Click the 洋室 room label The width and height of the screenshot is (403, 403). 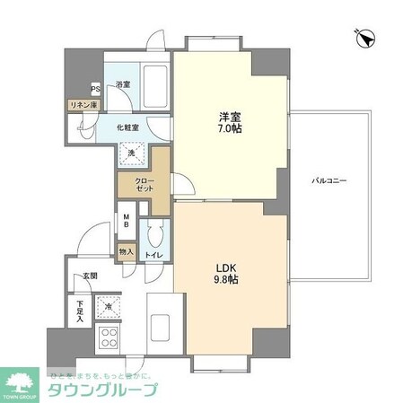point(230,116)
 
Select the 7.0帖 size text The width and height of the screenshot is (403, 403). point(230,129)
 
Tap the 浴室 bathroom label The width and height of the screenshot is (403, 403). point(123,85)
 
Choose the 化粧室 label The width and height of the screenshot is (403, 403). point(127,127)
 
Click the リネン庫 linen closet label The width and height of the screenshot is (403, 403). point(83,105)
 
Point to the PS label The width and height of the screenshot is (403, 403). point(94,88)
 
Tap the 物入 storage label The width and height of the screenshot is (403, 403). point(126,252)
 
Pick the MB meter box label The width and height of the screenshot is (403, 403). point(127,223)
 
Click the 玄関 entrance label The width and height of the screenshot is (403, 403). point(91,276)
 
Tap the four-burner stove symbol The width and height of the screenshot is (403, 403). point(109,337)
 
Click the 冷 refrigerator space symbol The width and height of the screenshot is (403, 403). point(109,307)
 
